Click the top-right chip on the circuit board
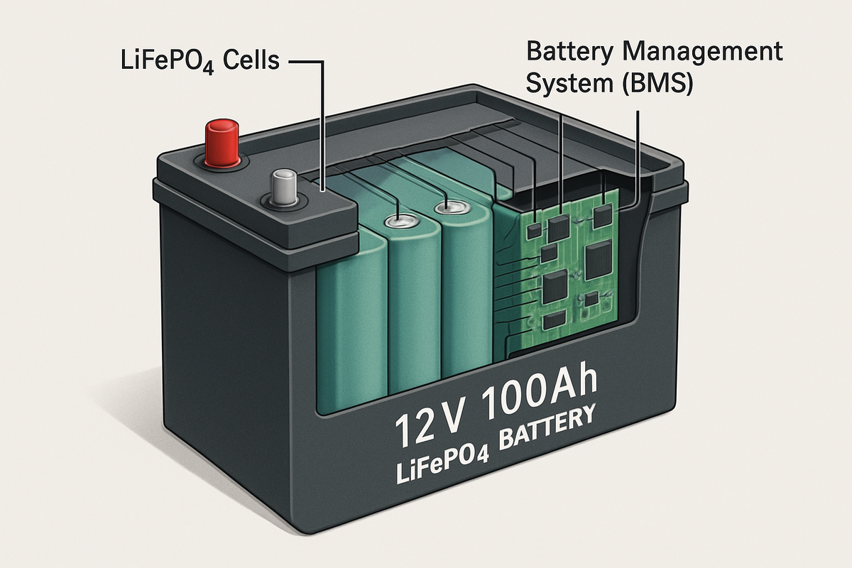[603, 216]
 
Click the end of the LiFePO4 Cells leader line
[324, 190]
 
